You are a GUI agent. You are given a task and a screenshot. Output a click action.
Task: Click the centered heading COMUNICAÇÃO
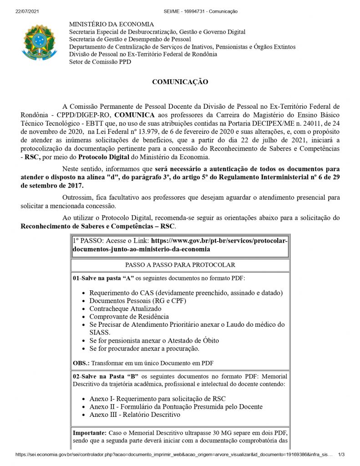[180, 82]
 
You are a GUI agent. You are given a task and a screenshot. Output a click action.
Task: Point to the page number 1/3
[341, 454]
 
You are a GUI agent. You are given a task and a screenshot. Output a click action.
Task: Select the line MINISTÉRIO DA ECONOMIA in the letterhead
[111, 24]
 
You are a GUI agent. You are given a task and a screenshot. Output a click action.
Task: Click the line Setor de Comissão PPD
[100, 62]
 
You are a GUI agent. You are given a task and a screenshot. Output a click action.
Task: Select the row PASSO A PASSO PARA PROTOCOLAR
[180, 265]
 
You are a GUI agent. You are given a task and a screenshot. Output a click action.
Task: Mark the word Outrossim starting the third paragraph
[77, 197]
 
